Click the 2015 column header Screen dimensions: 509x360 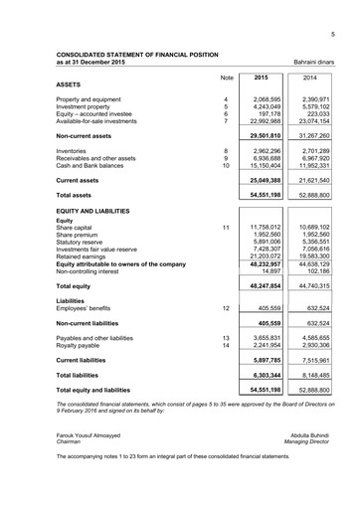point(262,78)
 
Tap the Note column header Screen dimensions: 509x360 point(226,78)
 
